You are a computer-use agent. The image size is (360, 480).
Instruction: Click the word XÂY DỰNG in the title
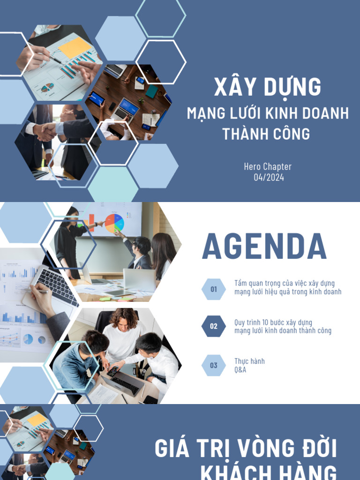point(268,88)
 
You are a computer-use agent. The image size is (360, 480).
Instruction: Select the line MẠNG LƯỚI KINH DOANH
point(268,113)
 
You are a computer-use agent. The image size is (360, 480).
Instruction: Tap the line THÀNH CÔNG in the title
point(266,134)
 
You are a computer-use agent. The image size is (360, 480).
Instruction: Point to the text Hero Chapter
point(268,167)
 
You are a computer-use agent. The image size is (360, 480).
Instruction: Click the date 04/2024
point(269,178)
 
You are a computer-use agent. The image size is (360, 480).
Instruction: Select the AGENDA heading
point(264,247)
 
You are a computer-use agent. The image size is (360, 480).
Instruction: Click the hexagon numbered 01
point(214,289)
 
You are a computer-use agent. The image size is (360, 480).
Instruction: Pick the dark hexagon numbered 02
point(214,326)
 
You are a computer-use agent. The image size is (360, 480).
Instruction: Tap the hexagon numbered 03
point(214,365)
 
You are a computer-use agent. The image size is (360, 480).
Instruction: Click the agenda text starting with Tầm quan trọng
point(287,287)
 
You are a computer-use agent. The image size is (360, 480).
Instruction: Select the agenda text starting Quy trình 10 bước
point(283,326)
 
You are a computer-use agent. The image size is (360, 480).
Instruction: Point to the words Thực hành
point(249,361)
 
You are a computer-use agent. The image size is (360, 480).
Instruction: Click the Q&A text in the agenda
point(240,370)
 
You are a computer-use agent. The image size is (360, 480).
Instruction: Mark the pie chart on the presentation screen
point(114,223)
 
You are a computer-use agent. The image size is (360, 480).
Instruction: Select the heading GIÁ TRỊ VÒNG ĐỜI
point(246,449)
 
